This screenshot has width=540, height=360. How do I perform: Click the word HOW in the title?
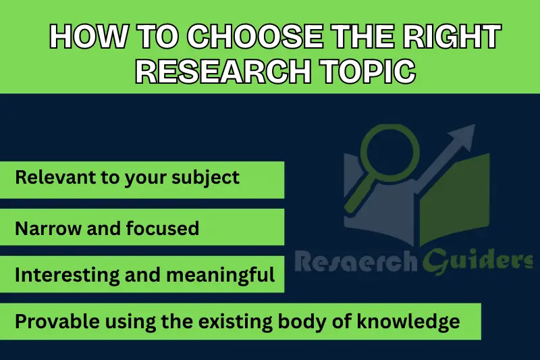coord(80,38)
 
